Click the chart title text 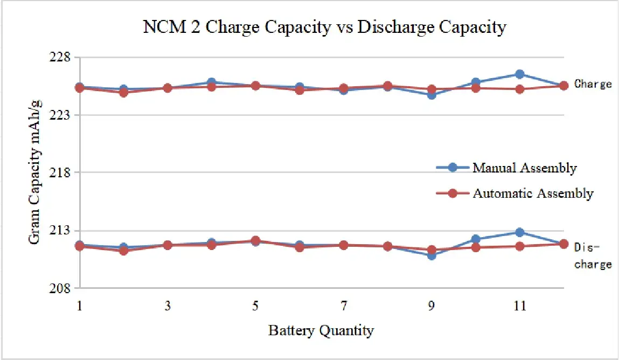324,27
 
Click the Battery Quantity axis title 321,330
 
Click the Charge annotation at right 593,84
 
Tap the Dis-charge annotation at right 593,255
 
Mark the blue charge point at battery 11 519,74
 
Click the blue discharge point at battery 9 432,255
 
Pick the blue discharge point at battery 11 519,232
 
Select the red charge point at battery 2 123,92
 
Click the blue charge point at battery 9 432,95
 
